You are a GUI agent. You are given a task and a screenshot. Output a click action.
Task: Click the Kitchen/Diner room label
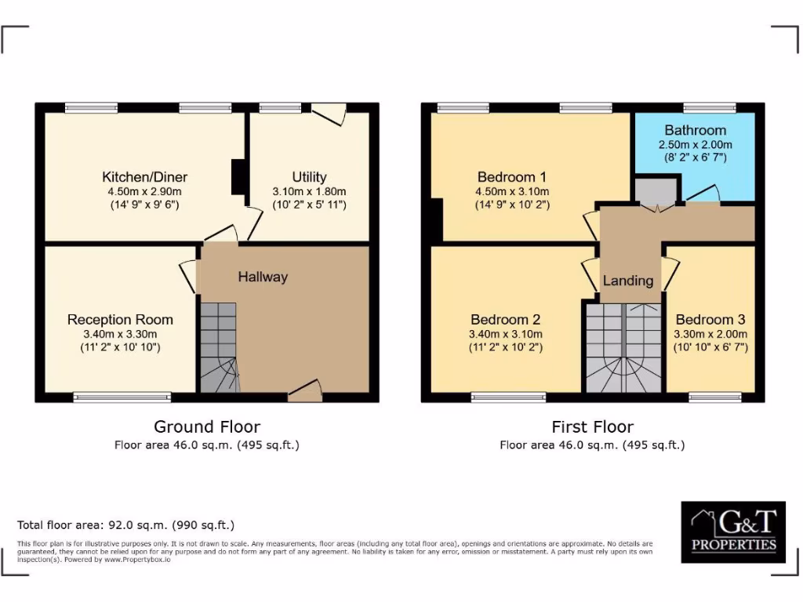145,177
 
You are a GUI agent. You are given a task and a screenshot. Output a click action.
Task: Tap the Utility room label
309,177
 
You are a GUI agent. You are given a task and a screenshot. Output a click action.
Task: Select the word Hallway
263,277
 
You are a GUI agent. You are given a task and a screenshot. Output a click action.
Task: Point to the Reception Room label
120,319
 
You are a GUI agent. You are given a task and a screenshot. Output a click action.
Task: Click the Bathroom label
695,130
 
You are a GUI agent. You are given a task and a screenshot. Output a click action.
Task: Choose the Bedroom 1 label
513,177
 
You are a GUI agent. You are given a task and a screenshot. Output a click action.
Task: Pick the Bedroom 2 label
505,319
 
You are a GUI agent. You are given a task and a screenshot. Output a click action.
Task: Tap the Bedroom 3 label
710,319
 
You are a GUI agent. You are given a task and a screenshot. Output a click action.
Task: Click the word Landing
627,281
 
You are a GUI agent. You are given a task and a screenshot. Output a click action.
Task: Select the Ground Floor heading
207,426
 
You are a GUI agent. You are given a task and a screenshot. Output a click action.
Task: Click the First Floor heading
592,426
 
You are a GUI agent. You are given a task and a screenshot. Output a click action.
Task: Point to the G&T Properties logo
733,532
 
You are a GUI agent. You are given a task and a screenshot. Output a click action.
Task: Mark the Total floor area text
125,525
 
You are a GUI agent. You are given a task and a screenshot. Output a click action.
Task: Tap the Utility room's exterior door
329,114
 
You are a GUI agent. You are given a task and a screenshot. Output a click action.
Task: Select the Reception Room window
122,397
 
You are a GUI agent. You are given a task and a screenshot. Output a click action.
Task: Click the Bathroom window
709,107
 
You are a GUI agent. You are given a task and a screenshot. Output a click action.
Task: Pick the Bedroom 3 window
714,397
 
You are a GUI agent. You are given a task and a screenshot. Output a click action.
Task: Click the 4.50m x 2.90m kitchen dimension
145,192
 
